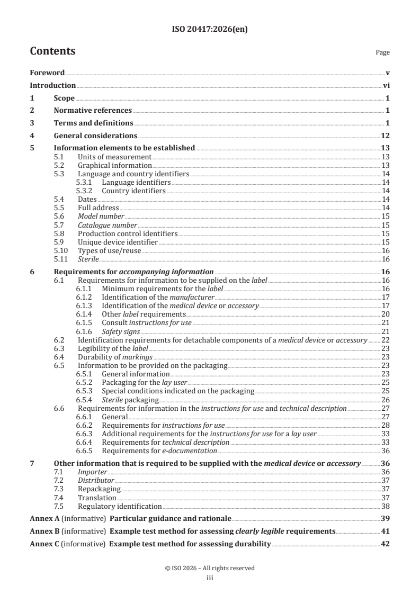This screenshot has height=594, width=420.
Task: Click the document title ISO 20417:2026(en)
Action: [210, 30]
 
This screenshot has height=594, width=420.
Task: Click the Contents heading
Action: [52, 51]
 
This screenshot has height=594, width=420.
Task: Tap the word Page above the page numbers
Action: [382, 52]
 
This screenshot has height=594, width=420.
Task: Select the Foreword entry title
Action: [47, 73]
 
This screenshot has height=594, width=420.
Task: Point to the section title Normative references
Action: [93, 110]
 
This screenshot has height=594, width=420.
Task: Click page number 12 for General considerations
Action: [386, 136]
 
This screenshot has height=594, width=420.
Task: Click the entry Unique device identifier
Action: [118, 241]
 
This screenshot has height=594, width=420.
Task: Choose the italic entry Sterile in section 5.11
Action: [88, 258]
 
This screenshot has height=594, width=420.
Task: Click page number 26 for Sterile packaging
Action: [386, 399]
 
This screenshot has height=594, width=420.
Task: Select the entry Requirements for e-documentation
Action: [159, 451]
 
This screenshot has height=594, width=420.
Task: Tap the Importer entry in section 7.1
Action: [89, 472]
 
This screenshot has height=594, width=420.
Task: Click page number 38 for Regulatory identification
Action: [386, 506]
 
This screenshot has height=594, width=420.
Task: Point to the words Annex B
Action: [43, 531]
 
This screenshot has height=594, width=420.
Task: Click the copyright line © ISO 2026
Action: [210, 568]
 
